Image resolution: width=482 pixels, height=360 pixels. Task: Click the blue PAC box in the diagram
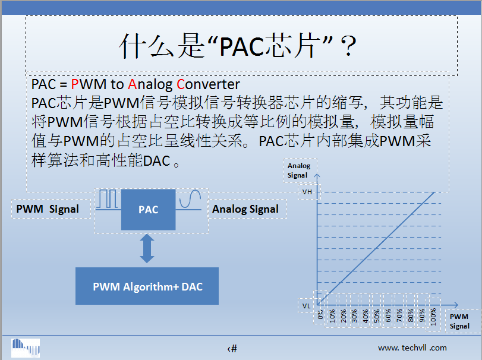[x=148, y=210]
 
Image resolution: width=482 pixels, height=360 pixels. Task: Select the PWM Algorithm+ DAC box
[x=147, y=286]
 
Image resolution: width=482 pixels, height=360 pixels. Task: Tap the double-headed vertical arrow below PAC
[x=147, y=248]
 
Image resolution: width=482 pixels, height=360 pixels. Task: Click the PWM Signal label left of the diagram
[x=48, y=209]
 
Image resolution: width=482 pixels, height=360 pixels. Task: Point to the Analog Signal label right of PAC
[x=245, y=209]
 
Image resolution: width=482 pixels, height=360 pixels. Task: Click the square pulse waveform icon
[x=108, y=200]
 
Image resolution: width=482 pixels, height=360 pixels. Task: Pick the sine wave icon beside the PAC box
[x=189, y=200]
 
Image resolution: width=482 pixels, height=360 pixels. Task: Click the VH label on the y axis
[x=307, y=192]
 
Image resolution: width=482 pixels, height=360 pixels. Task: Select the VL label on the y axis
[x=306, y=306]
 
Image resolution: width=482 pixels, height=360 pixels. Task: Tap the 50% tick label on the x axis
[x=377, y=316]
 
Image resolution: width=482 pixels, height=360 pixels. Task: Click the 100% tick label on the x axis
[x=433, y=317]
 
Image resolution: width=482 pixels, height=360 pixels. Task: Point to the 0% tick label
[x=320, y=314]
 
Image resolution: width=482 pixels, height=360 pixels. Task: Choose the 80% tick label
[x=410, y=316]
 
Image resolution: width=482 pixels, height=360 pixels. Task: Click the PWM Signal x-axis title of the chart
[x=459, y=321]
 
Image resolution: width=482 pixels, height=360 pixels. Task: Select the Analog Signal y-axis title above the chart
[x=299, y=170]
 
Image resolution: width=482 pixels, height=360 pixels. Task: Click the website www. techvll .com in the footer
[x=412, y=348]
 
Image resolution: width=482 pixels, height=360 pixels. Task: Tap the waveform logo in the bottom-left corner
[x=26, y=348]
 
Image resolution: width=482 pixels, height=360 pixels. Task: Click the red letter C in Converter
[x=181, y=84]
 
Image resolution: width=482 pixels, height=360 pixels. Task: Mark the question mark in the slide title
[x=349, y=46]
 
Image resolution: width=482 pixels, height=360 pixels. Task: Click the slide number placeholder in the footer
[x=232, y=349]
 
